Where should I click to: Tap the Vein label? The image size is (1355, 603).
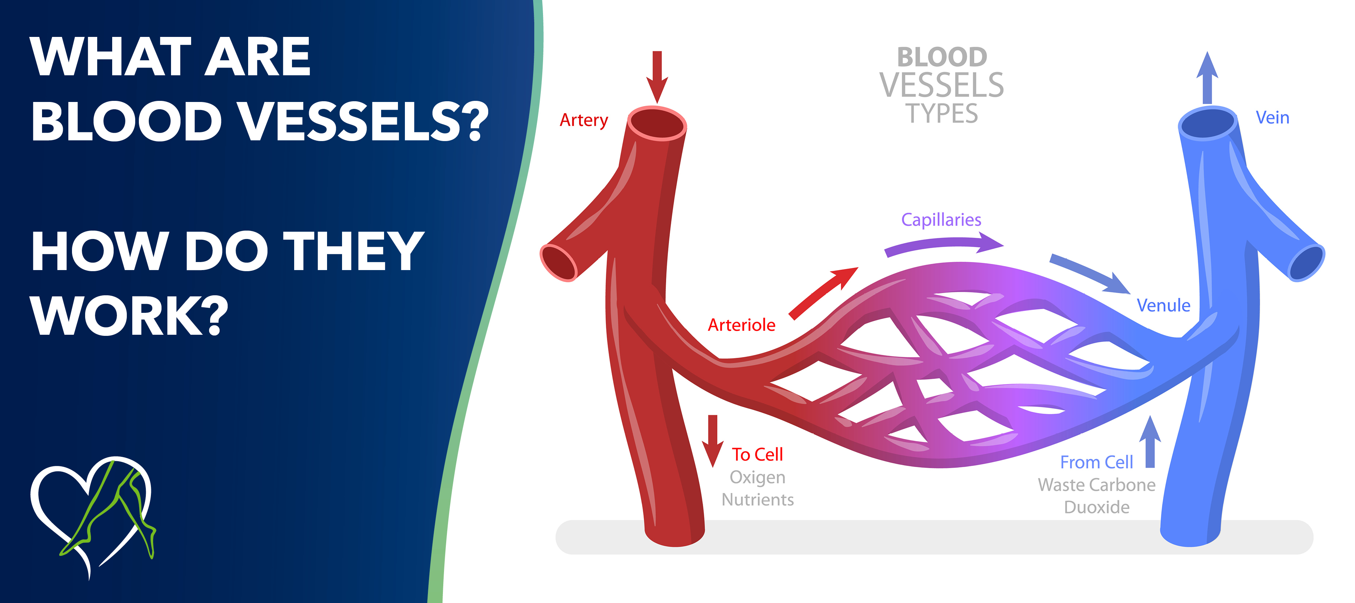(1272, 117)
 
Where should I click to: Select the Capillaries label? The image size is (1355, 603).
(941, 219)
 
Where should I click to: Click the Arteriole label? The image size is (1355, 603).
(741, 325)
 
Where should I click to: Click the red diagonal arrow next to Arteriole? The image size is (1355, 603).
(823, 293)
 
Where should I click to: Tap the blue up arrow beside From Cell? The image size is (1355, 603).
(1150, 442)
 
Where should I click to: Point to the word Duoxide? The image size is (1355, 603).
(1096, 507)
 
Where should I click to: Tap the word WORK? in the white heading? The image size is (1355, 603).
(129, 316)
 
